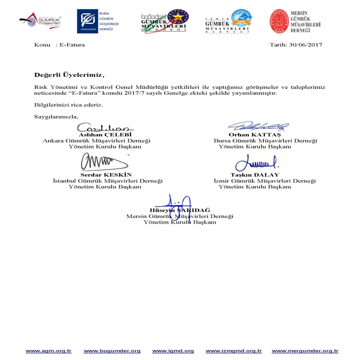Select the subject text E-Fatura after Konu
click(72, 45)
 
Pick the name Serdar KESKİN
click(106, 175)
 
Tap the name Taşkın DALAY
click(255, 175)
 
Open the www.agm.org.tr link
click(48, 351)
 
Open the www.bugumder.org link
click(112, 351)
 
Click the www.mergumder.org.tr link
click(305, 351)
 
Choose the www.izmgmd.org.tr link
click(234, 351)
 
